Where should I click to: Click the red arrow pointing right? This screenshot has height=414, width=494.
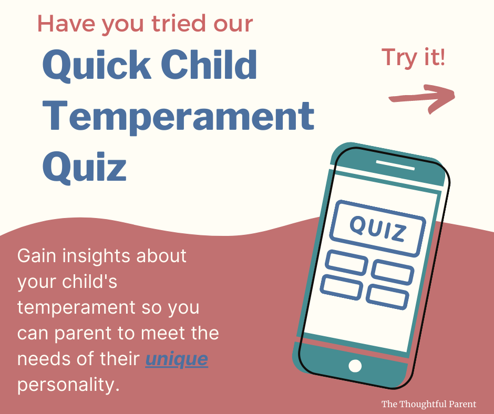[x=422, y=98]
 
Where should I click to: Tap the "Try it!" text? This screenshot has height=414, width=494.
[x=414, y=57]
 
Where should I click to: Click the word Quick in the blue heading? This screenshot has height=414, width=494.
[x=97, y=66]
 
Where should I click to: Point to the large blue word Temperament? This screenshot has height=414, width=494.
[x=178, y=116]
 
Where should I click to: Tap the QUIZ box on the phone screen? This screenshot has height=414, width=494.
[x=377, y=228]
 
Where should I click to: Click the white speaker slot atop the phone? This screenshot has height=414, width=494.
[x=395, y=165]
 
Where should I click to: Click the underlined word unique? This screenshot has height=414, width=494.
[x=177, y=359]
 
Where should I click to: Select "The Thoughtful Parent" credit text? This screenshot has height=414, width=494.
[x=429, y=404]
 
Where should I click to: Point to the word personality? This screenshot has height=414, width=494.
[x=68, y=385]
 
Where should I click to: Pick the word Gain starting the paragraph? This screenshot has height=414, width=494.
[x=37, y=255]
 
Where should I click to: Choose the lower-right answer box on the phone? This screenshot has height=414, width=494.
[x=387, y=297]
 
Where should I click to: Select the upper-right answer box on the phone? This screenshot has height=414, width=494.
[x=393, y=272]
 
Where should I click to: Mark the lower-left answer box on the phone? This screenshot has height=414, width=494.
[x=342, y=287]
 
